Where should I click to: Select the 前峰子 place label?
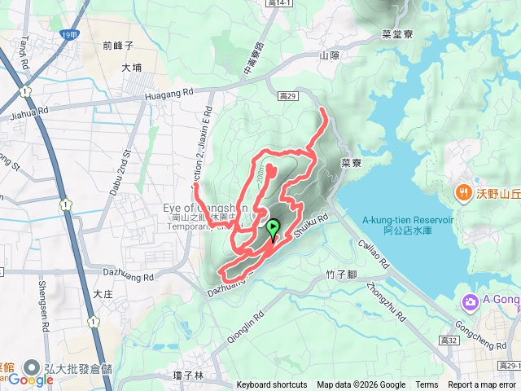coord(118,46)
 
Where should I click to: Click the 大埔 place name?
coord(131,69)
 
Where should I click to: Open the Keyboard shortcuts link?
coord(272,385)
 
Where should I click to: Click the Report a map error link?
coord(483,385)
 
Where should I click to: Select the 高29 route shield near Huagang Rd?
coord(287,96)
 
